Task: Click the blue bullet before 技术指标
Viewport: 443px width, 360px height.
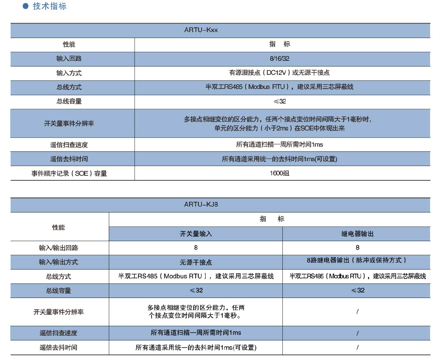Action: pyautogui.click(x=26, y=6)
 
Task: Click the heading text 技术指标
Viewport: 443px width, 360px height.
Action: pyautogui.click(x=50, y=6)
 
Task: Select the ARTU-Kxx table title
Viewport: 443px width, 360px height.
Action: pyautogui.click(x=201, y=30)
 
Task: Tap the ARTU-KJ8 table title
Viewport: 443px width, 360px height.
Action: pyautogui.click(x=201, y=204)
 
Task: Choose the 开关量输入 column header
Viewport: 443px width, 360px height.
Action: pyautogui.click(x=196, y=234)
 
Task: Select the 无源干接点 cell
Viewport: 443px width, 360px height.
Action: pyautogui.click(x=196, y=262)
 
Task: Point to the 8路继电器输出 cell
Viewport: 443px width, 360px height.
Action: pyautogui.click(x=357, y=260)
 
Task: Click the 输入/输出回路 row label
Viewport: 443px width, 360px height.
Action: pyautogui.click(x=59, y=248)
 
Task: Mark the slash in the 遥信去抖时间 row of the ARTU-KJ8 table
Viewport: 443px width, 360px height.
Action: pyautogui.click(x=357, y=348)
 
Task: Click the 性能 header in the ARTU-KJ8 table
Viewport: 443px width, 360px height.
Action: pyautogui.click(x=59, y=227)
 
